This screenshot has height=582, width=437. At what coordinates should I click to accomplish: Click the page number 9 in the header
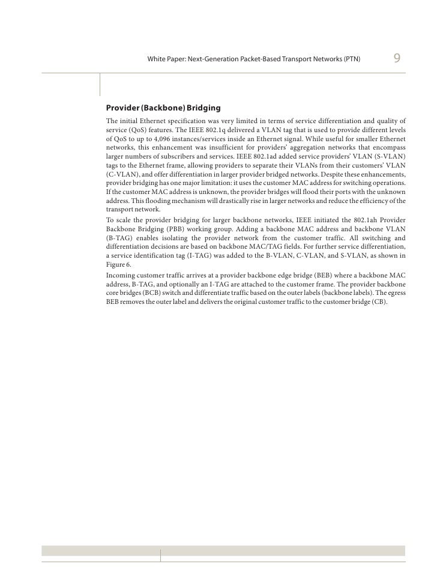pyautogui.click(x=397, y=59)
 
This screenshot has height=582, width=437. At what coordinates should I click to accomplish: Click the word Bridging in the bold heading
pyautogui.click(x=203, y=108)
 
